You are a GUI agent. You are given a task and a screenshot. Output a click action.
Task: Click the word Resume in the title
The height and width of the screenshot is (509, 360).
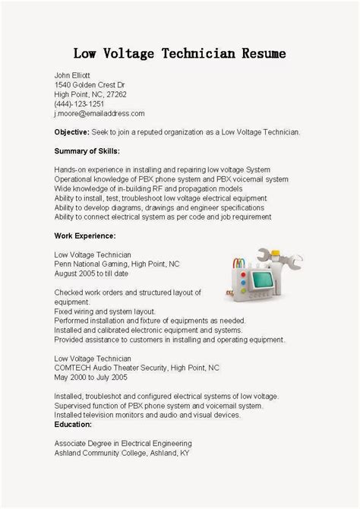click(261, 54)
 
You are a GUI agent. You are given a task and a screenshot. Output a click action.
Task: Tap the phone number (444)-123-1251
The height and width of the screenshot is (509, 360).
click(79, 103)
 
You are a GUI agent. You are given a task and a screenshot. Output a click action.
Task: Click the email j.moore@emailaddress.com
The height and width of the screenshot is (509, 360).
click(99, 113)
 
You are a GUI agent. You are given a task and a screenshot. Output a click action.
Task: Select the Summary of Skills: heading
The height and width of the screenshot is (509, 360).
click(87, 150)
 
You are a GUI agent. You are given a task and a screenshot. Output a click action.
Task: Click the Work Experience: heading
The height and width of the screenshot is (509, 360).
click(84, 236)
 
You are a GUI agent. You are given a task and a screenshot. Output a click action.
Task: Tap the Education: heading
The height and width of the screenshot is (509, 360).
click(73, 424)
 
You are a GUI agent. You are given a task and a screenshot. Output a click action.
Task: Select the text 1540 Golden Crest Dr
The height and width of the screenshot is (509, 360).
click(89, 84)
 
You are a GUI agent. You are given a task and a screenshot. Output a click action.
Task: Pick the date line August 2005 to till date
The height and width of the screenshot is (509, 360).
click(91, 273)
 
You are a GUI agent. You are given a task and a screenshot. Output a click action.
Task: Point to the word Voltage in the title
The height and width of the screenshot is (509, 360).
click(133, 54)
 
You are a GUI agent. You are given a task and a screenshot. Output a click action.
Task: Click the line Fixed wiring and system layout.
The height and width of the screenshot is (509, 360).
click(103, 311)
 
